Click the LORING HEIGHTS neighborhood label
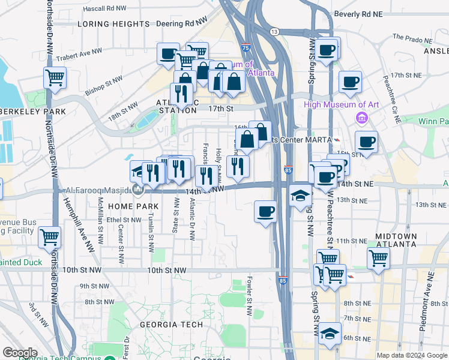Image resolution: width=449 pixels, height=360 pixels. [113, 24]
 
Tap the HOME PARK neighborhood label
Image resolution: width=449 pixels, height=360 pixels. [133, 206]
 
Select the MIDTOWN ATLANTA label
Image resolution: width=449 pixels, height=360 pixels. [396, 240]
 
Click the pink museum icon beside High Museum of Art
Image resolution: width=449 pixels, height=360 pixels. [361, 116]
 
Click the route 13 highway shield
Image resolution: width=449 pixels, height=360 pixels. [274, 31]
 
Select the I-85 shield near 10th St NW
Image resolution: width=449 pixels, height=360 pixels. [283, 280]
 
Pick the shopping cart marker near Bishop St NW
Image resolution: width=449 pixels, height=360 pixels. [55, 77]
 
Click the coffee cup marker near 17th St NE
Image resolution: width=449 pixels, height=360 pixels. [350, 82]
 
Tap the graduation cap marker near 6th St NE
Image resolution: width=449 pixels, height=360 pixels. [329, 333]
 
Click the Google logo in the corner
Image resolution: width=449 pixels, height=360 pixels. [20, 353]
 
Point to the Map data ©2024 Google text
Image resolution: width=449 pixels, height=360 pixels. [411, 355]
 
